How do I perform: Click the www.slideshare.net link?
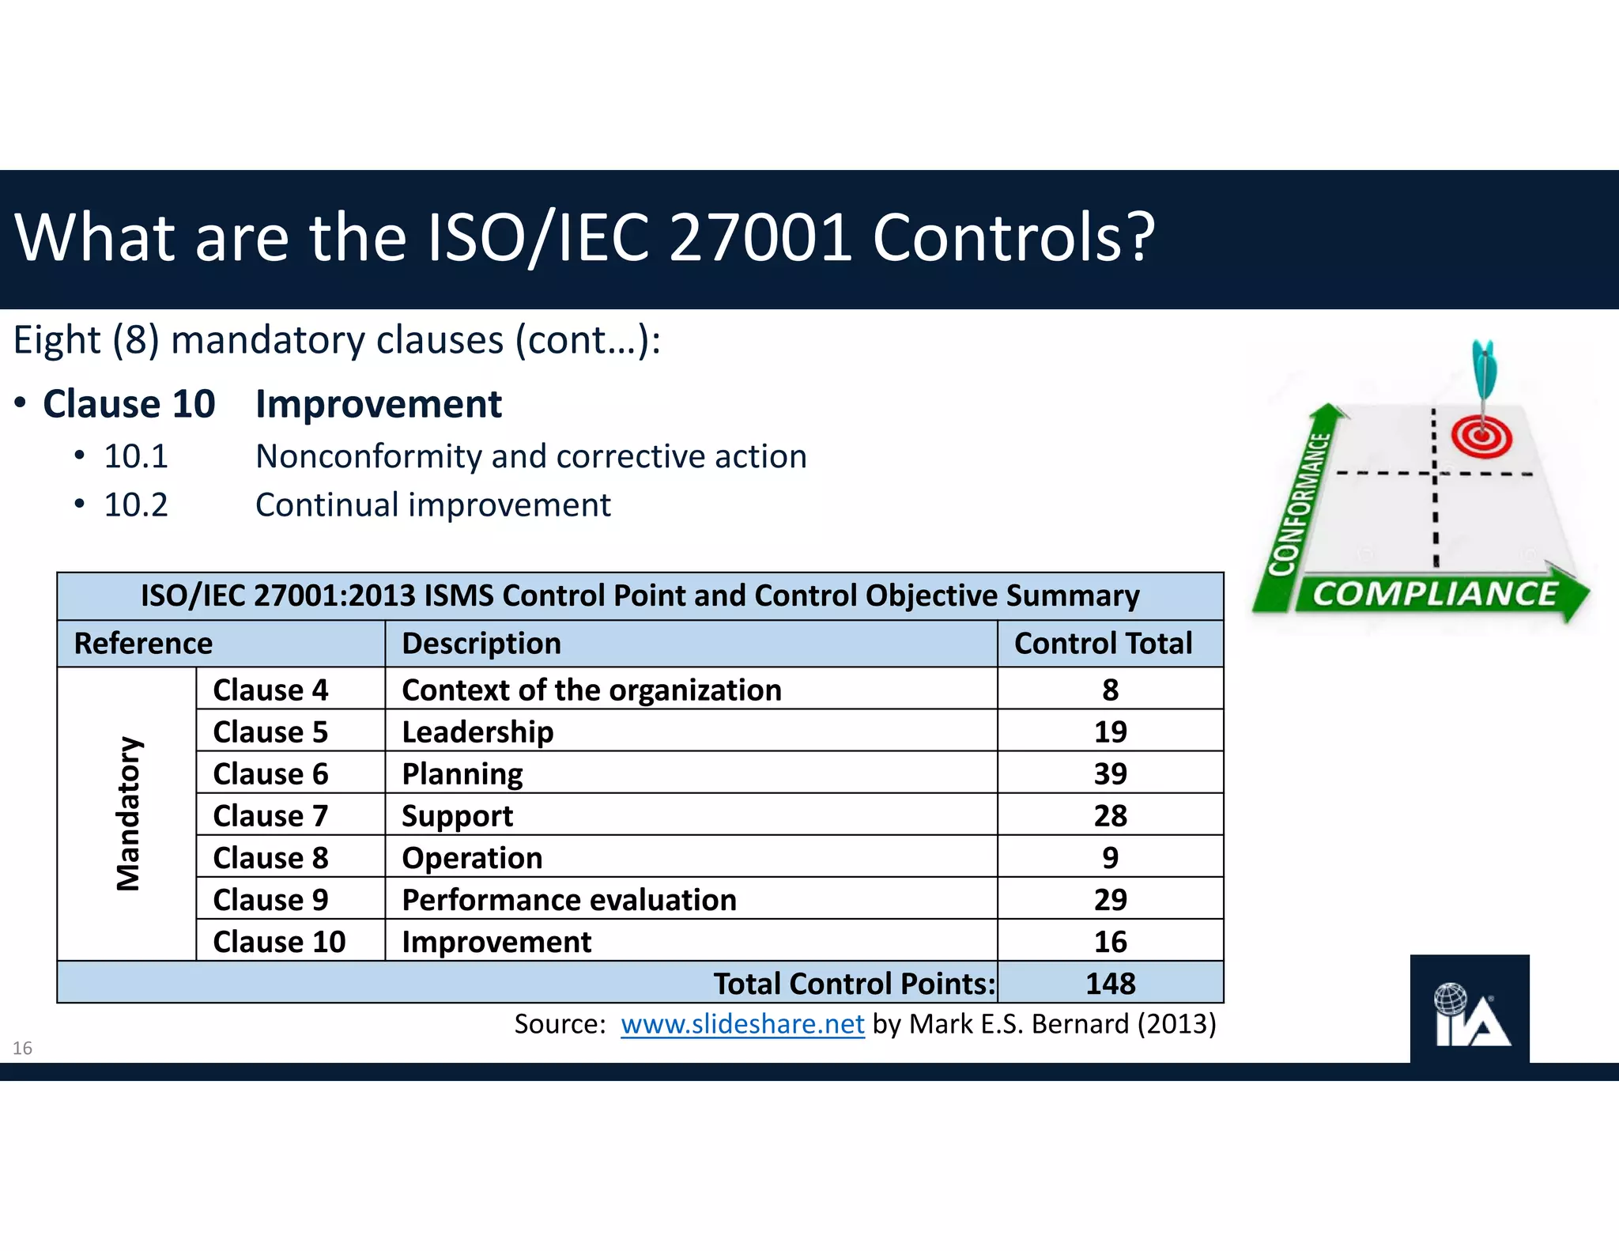pos(742,1024)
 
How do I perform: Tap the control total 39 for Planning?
pos(1110,773)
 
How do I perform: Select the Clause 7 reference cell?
pos(270,815)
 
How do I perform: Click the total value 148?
pos(1110,983)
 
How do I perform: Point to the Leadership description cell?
pos(477,731)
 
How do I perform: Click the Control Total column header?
pos(1103,643)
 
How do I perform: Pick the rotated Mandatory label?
pos(128,814)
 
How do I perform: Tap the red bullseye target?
pos(1481,437)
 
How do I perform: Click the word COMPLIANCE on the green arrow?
pos(1434,594)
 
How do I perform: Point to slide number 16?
pos(22,1048)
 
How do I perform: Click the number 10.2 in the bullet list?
pos(136,505)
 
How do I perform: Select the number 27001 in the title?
pos(760,237)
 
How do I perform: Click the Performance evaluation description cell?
pos(568,899)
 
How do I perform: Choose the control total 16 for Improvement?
pos(1110,941)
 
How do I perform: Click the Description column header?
pos(481,643)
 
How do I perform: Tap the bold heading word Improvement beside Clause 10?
pos(378,404)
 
